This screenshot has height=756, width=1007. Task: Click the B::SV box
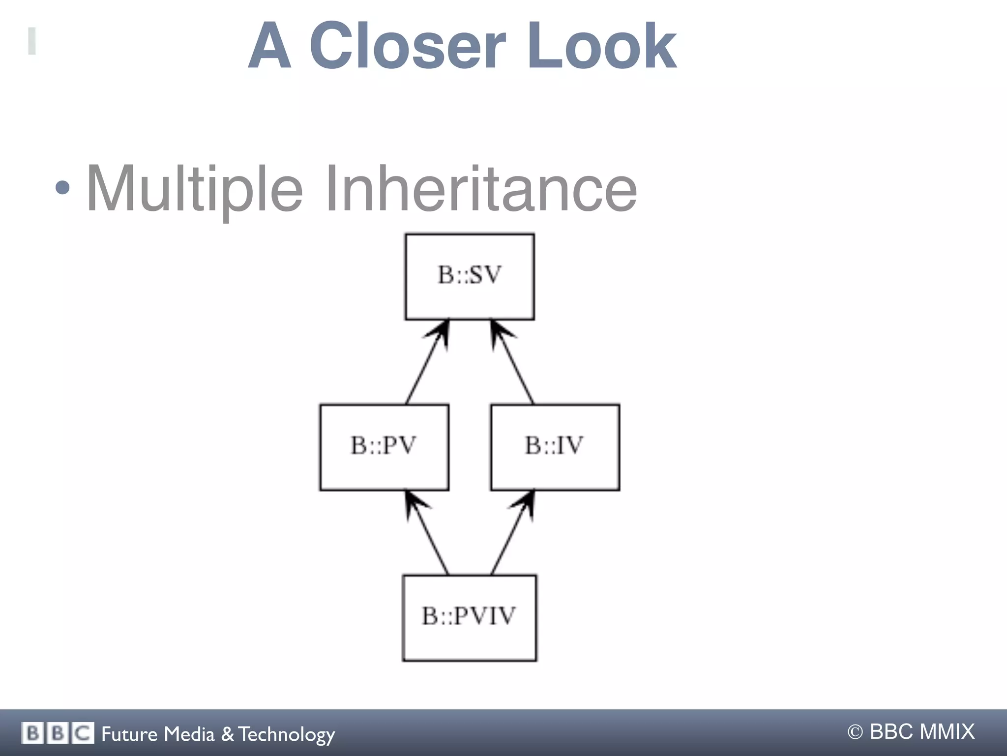pos(470,277)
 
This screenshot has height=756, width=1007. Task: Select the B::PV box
pos(384,447)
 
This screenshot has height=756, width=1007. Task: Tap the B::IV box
pos(555,447)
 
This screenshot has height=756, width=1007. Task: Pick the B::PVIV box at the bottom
pos(469,618)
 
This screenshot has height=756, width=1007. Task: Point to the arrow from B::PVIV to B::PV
pos(427,533)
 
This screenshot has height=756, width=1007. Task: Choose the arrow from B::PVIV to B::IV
pos(512,533)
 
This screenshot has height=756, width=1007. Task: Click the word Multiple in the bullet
pos(194,189)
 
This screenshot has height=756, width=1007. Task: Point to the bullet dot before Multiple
pos(62,187)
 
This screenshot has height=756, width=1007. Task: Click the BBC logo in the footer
pos(58,733)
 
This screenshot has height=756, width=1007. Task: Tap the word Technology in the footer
pos(287,734)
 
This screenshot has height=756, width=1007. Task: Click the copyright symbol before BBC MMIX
pos(855,732)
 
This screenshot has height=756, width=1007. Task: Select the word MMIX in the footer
pos(947,732)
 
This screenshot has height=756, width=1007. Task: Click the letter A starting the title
pos(269,47)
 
